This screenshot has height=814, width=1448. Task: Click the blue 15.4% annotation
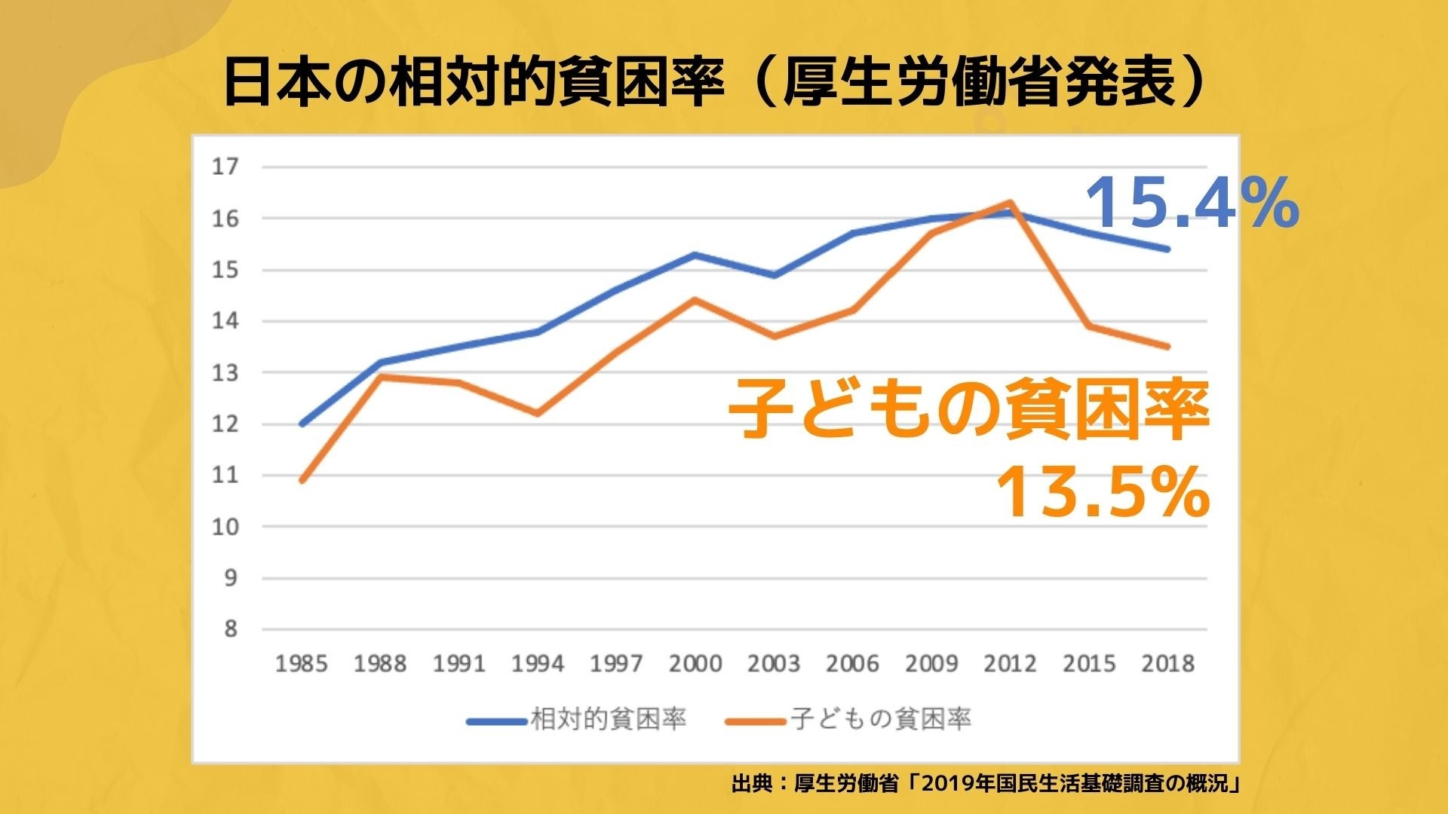pos(1192,203)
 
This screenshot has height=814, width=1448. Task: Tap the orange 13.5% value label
pos(1103,492)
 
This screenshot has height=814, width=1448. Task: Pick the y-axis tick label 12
pos(225,424)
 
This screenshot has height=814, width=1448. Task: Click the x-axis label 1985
pos(302,664)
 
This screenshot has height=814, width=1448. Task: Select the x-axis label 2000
pos(695,664)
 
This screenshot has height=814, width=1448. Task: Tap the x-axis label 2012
pos(1010,664)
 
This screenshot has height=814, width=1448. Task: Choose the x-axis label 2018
pos(1167,664)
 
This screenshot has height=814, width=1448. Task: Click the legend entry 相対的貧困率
pos(608,719)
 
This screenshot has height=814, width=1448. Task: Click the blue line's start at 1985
pos(302,424)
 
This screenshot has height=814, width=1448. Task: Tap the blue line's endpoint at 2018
pos(1167,249)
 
